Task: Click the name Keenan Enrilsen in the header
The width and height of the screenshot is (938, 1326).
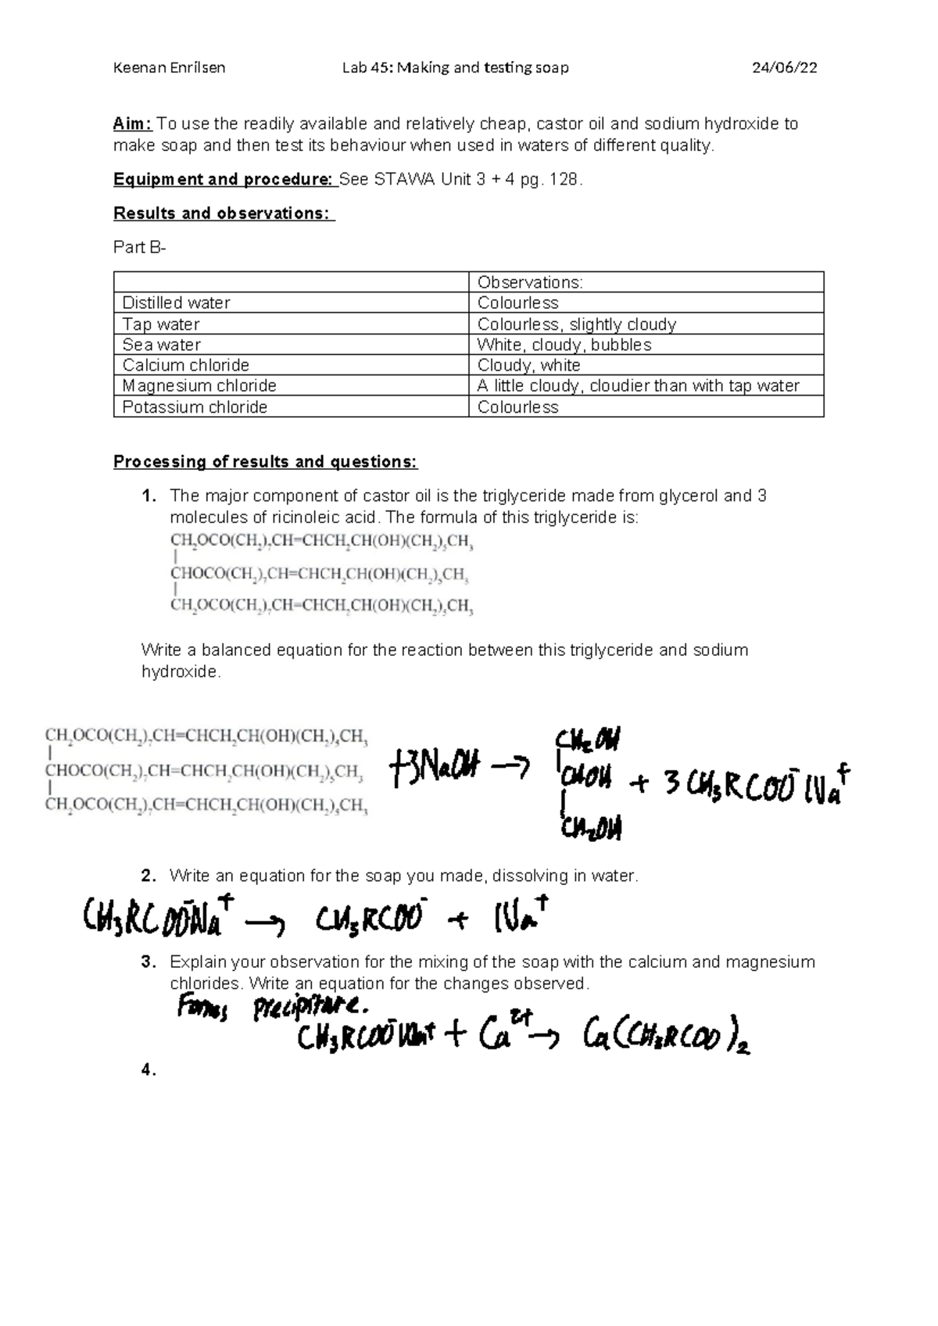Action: tap(169, 67)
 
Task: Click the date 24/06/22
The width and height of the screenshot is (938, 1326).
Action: tap(784, 67)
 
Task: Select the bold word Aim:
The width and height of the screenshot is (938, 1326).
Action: tap(133, 124)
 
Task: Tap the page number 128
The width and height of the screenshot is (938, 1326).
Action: tap(564, 179)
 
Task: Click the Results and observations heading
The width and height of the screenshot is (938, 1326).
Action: tap(224, 213)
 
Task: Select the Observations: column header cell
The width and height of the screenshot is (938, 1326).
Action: tap(530, 282)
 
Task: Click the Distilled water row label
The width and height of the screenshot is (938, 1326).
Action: tap(177, 303)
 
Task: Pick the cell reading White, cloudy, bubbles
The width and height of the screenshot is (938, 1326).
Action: tap(564, 345)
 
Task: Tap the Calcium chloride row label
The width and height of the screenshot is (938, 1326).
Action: tap(186, 365)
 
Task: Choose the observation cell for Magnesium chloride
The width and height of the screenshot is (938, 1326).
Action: tap(638, 385)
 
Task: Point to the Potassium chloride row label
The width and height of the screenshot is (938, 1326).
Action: tap(195, 407)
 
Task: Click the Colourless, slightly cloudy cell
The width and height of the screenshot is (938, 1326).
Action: tap(577, 324)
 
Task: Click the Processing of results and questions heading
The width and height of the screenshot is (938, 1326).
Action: tap(266, 461)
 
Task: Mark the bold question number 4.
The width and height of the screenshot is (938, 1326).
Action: tap(148, 1070)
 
